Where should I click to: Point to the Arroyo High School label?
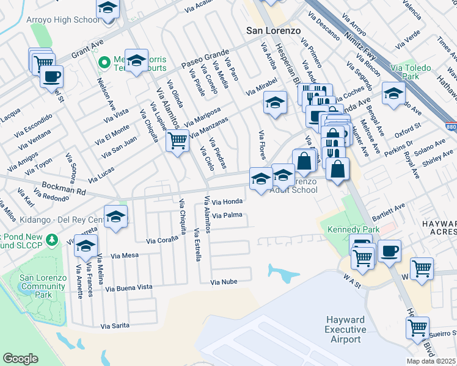click(63, 20)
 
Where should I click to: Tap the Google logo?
click(20, 358)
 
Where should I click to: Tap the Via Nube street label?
click(223, 282)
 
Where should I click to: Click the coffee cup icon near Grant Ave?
click(51, 77)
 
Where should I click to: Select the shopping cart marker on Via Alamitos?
click(177, 141)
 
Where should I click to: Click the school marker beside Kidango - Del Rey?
click(115, 217)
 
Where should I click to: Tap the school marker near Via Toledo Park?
click(393, 93)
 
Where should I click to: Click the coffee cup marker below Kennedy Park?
click(389, 251)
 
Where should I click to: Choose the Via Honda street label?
click(228, 201)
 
